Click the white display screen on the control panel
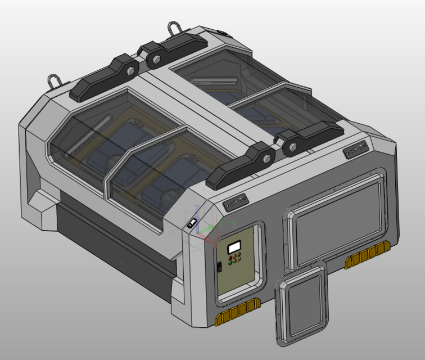(234, 246)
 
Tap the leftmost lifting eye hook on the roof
(55, 80)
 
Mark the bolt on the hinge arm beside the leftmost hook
(130, 71)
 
